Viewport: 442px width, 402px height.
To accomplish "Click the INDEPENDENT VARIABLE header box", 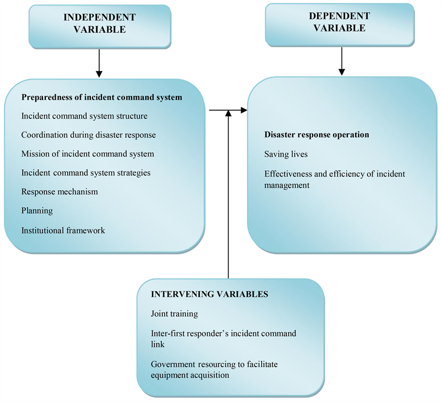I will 100,24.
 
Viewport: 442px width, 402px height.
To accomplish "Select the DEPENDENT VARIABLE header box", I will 340,23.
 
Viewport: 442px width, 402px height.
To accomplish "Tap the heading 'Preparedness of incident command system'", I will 102,97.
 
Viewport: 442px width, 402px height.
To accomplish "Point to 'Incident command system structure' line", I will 84,116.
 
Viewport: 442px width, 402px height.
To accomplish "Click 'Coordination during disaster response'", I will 88,135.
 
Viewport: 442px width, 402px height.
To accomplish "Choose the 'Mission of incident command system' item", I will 87,154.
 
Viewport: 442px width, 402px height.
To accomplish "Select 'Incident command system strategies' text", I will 86,173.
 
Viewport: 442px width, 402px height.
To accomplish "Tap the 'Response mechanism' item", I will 60,191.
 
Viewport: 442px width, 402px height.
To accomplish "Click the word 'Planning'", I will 37,211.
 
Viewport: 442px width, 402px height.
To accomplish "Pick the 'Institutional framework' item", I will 63,230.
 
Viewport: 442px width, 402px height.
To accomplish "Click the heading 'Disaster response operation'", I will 317,135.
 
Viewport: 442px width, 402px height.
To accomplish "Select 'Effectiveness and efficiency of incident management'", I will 335,179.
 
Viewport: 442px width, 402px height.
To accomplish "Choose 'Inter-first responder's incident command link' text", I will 223,339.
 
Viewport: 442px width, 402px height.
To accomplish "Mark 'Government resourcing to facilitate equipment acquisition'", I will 217,368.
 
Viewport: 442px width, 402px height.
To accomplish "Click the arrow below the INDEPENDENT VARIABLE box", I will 99,63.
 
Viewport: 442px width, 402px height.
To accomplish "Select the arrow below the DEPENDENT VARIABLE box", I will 342,61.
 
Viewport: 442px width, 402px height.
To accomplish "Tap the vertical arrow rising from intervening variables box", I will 228,193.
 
